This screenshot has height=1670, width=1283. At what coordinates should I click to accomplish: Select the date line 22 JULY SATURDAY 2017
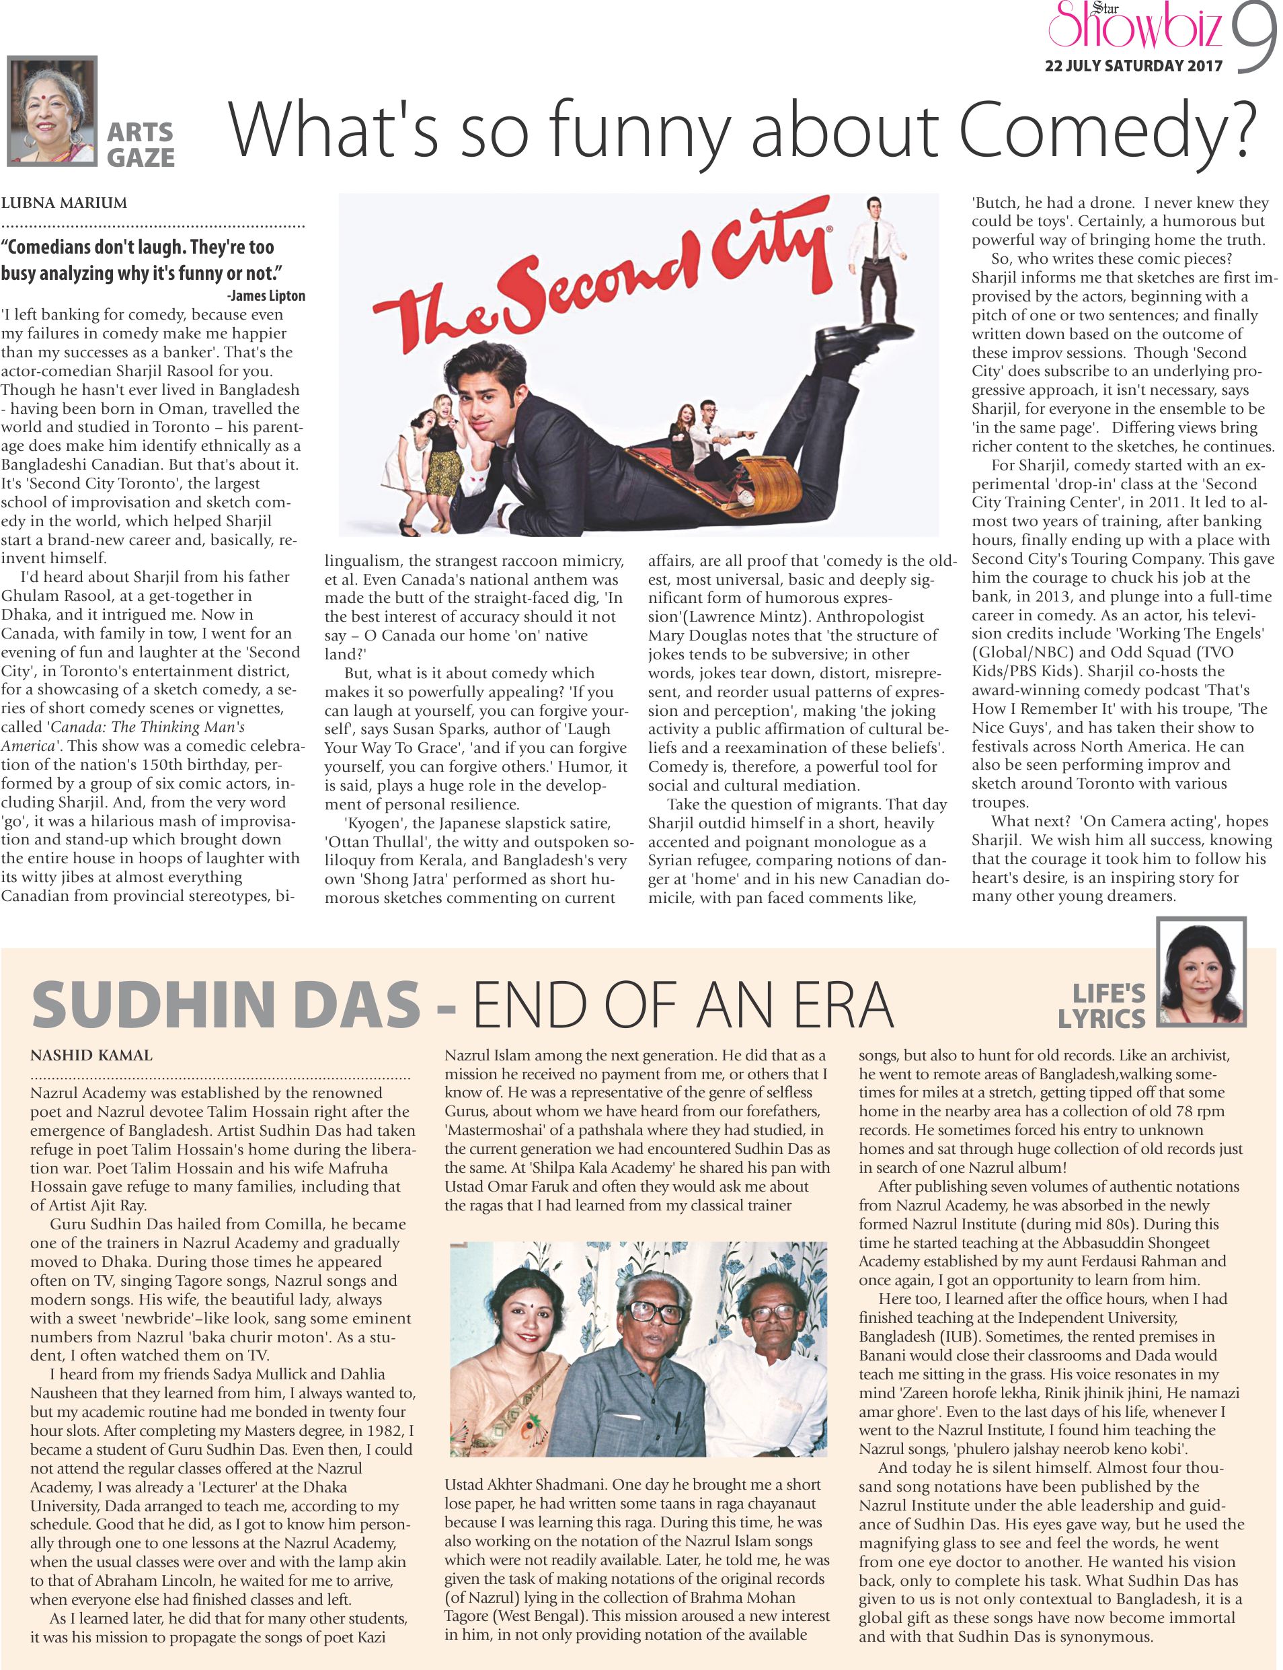1133,66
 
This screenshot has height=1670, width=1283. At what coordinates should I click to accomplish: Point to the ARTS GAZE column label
140,145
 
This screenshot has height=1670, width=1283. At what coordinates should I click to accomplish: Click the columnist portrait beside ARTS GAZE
52,111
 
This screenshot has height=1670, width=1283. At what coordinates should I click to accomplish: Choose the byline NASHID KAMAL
91,1056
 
